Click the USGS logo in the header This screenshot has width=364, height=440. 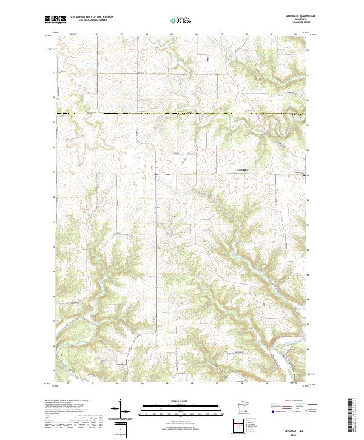[55, 19]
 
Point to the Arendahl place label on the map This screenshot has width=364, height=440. [241, 169]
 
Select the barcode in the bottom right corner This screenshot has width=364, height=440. [351, 416]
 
